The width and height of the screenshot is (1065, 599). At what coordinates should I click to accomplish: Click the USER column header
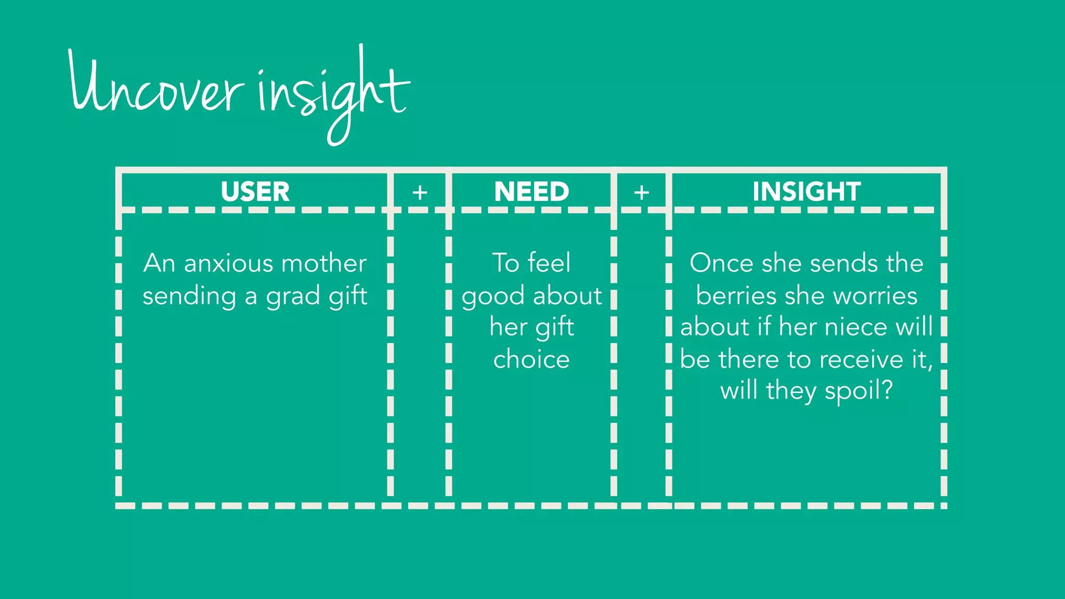point(255,191)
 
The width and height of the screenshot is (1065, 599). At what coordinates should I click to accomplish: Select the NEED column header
point(531,191)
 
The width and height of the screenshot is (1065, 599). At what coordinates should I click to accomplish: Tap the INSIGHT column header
point(807,191)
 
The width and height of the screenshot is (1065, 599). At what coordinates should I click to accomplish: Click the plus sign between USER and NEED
point(420,193)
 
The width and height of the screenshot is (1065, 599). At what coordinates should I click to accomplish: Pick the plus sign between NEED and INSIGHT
point(641,193)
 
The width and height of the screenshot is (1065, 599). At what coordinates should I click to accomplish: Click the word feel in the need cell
point(549,263)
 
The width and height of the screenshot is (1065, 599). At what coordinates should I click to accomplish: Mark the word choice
point(531,359)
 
